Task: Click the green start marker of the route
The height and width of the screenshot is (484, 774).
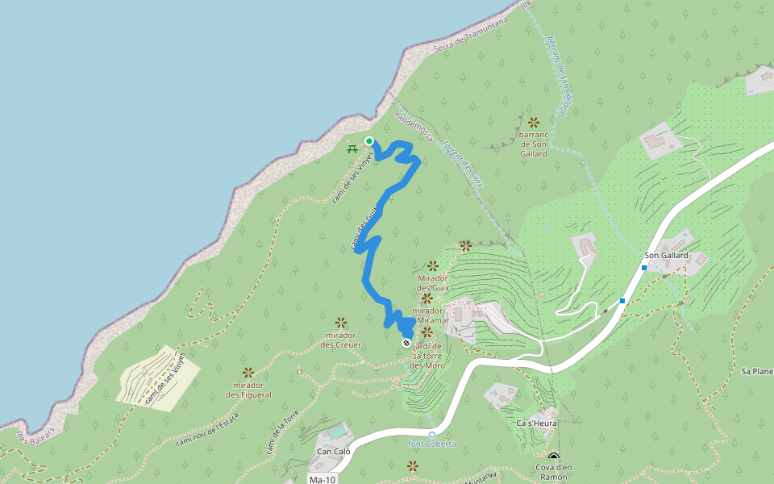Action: point(369,141)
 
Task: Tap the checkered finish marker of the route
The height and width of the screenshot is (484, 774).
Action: point(406,342)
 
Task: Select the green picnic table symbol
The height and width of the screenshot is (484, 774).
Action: point(352,148)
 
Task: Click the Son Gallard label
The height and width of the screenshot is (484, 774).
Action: point(666,256)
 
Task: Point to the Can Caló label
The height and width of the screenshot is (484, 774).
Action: point(332,452)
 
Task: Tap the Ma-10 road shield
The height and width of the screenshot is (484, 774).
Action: point(322,479)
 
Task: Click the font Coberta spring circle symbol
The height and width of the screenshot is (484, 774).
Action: point(431,435)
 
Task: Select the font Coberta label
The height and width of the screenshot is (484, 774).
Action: point(431,444)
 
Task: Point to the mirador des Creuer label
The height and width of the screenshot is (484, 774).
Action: point(340,340)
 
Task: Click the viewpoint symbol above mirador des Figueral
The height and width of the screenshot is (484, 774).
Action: point(248,373)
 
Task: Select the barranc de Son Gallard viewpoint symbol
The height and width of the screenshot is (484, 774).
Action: point(533,122)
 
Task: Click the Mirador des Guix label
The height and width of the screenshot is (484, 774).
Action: point(433,283)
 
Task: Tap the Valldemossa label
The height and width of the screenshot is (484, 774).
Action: point(414,126)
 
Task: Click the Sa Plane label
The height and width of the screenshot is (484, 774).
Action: point(756,372)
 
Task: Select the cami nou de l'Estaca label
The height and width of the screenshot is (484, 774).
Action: point(211,428)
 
